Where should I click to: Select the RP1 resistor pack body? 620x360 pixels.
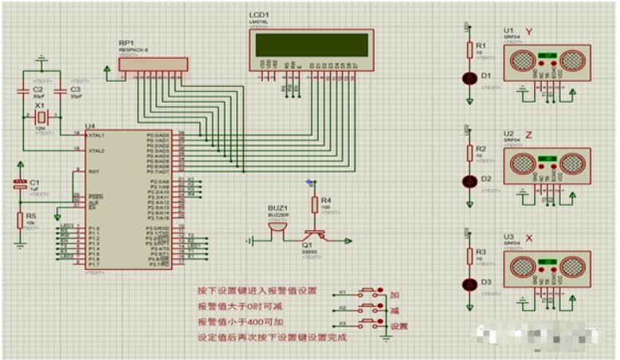[153, 65]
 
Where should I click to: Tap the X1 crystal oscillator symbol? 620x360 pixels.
[41, 118]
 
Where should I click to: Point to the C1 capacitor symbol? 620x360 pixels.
[21, 185]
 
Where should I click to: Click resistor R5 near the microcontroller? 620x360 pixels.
[21, 221]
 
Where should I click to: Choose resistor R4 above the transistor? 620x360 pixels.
[315, 204]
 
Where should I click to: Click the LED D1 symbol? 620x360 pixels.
[469, 77]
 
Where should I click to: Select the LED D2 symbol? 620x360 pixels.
[469, 181]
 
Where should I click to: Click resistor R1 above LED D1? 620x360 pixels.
[469, 50]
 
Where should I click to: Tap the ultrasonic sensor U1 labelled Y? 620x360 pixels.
[547, 61]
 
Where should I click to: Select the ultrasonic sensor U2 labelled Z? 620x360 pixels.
[547, 163]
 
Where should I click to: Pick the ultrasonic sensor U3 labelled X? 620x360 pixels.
[547, 266]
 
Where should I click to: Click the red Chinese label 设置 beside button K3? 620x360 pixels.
[399, 326]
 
